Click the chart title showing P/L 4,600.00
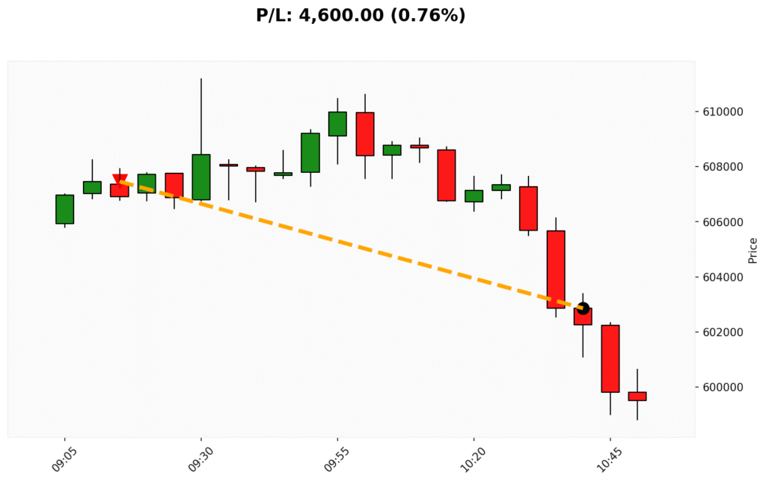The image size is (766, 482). (361, 15)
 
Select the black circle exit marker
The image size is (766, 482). (583, 308)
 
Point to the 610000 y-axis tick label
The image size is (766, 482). (722, 112)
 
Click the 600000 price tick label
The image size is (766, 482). (722, 387)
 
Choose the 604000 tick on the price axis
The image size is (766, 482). (722, 277)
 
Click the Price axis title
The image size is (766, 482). (753, 250)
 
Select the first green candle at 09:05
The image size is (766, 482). (64, 209)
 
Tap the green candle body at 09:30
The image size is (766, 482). (201, 177)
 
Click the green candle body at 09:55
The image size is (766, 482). (337, 123)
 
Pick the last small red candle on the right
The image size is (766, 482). (637, 396)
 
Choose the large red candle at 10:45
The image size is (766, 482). (610, 359)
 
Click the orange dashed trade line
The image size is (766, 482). (352, 244)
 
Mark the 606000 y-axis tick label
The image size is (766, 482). (722, 222)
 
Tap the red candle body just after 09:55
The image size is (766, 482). (365, 134)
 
